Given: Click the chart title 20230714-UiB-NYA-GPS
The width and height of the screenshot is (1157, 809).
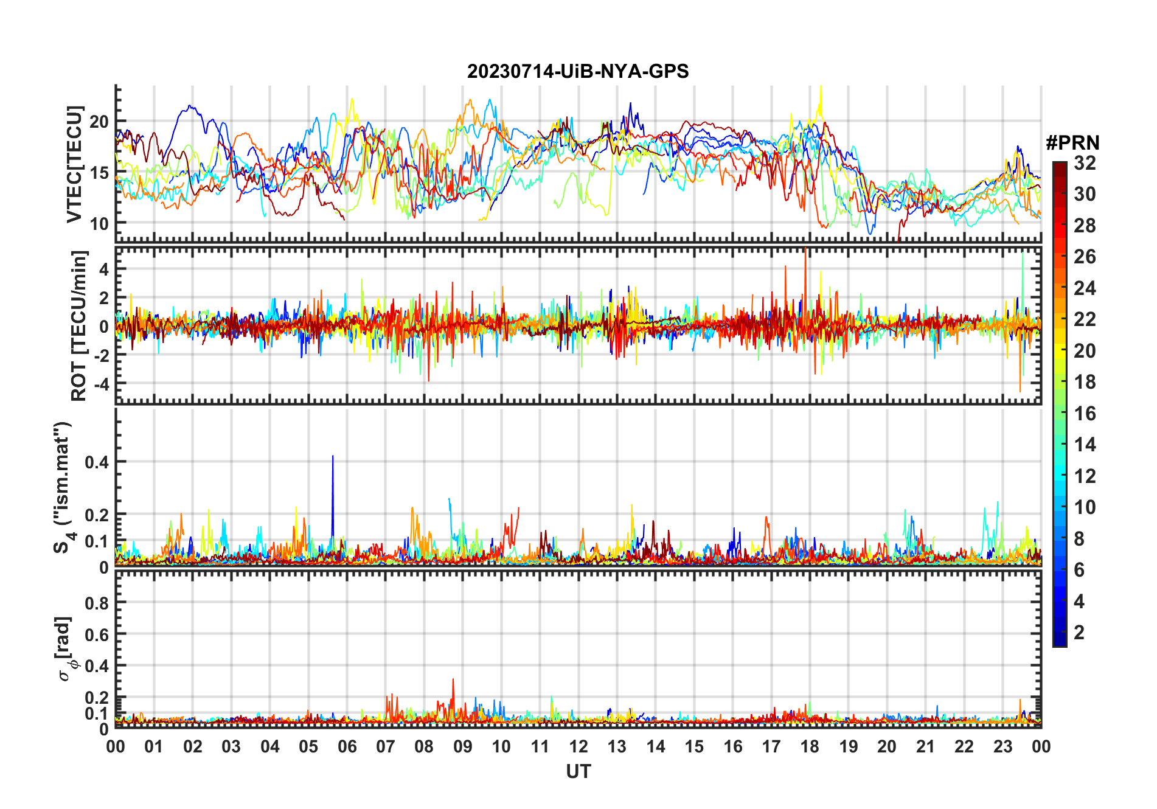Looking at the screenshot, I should (x=578, y=72).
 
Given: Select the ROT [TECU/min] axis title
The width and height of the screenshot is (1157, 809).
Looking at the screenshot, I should (x=78, y=325).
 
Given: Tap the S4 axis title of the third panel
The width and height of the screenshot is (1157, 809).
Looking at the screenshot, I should (x=63, y=487).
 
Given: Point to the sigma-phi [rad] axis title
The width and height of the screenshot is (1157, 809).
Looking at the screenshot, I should (x=67, y=648).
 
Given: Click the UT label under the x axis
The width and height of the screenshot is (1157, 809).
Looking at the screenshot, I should (x=578, y=771).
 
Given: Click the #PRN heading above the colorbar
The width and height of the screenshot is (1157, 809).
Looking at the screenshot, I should (x=1072, y=143).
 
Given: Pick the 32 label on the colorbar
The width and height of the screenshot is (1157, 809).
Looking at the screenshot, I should (x=1085, y=163).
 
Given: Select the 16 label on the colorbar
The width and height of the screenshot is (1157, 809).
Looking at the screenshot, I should (x=1085, y=414).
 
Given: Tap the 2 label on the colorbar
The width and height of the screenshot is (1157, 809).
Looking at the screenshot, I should (x=1079, y=633).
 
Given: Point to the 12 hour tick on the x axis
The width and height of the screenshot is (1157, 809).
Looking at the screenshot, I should (x=578, y=747).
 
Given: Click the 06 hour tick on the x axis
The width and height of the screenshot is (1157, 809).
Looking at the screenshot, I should (x=347, y=747).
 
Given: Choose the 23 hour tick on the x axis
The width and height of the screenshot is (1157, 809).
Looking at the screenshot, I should (x=1002, y=747).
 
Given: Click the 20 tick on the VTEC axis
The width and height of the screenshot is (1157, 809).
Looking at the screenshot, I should (x=99, y=122).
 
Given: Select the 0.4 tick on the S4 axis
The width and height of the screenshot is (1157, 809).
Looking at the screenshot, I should (x=97, y=462).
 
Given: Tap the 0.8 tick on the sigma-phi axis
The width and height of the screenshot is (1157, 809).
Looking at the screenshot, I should (x=97, y=603).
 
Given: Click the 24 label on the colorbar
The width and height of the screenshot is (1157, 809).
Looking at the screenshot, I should (x=1085, y=288).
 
